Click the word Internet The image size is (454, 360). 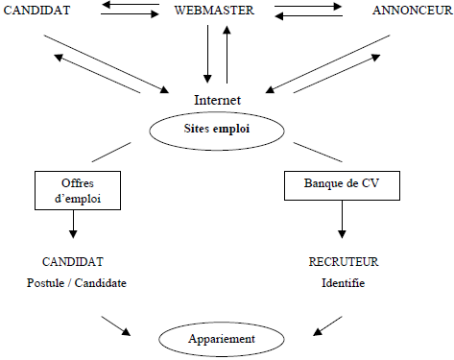[x=216, y=100]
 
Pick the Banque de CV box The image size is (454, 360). [x=343, y=182]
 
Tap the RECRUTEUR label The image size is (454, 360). [x=343, y=260]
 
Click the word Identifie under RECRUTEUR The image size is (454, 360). [x=343, y=283]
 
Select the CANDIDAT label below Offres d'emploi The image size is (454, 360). [x=73, y=260]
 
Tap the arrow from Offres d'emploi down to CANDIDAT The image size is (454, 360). [x=73, y=225]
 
